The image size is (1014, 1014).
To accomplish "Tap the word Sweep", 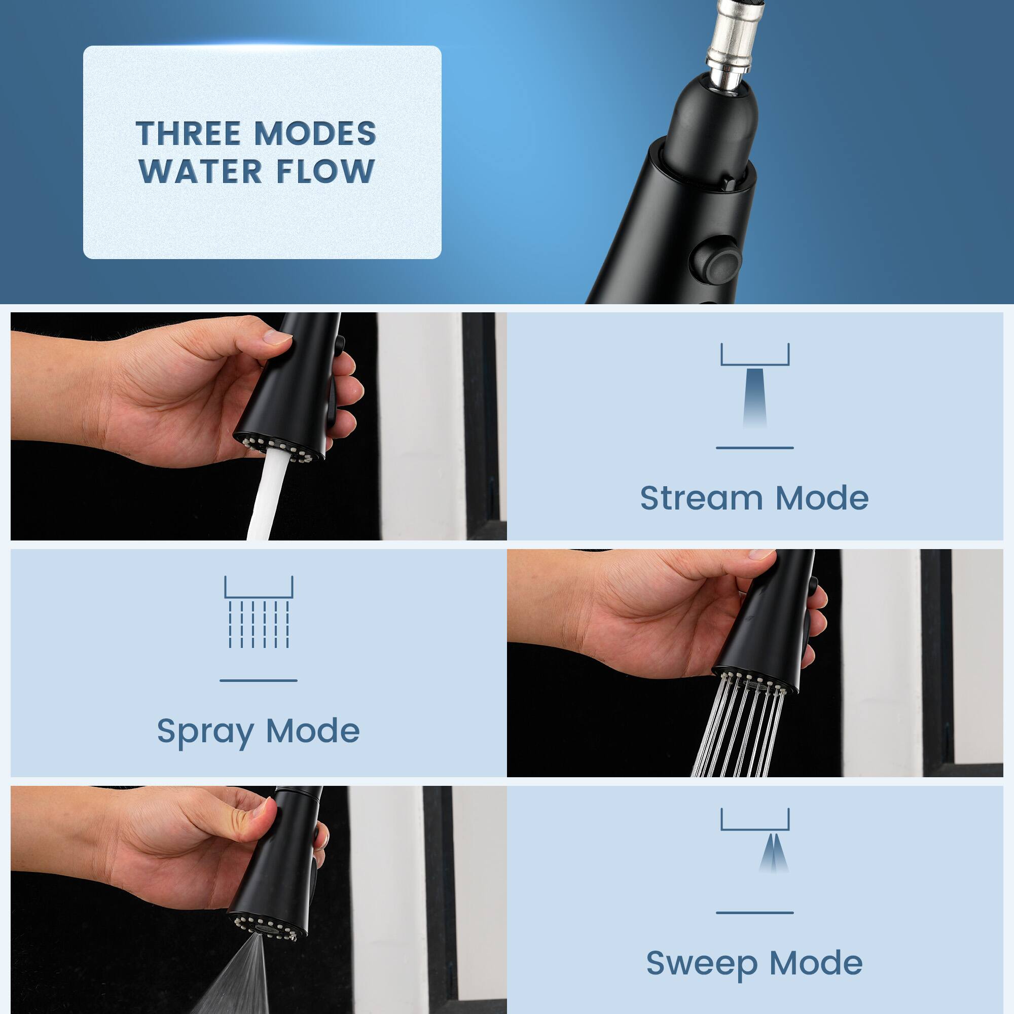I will (701, 963).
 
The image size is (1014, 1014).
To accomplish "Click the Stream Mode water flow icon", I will (755, 388).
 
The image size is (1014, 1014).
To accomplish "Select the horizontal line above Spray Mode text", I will (259, 680).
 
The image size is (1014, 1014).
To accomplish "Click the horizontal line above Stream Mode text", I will (755, 448).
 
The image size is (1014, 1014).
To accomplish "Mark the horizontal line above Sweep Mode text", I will (755, 913).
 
